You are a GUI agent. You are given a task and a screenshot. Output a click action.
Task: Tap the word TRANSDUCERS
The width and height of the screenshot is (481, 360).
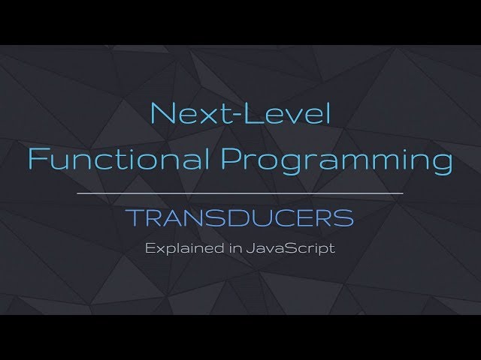(240, 218)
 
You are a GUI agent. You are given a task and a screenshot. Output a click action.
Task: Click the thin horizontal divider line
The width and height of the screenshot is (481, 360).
(240, 193)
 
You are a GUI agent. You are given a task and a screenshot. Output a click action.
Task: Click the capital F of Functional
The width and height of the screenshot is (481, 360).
(37, 159)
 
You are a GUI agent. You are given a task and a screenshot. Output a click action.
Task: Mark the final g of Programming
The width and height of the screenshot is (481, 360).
(442, 163)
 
